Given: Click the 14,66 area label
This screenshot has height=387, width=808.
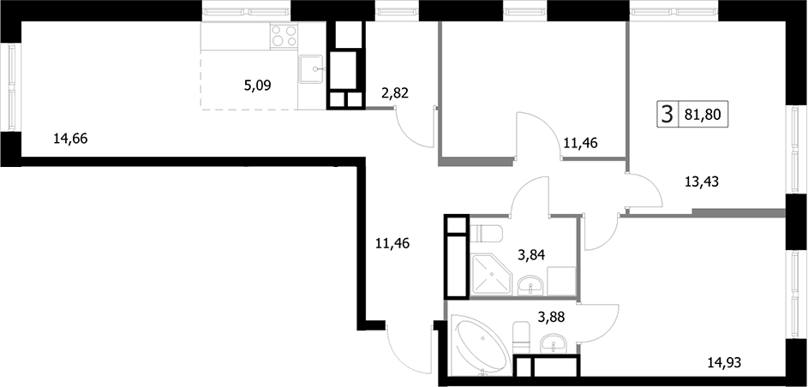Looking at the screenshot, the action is coord(70,139).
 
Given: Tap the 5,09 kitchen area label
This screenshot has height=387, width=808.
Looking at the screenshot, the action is coord(258,85).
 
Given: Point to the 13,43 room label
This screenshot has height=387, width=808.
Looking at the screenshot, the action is coord(702,182).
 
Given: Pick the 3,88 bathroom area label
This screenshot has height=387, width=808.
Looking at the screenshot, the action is coord(552,318).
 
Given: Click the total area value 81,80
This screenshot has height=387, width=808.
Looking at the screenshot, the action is coord(702,114).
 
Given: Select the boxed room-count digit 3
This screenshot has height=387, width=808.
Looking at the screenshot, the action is coord(667,114).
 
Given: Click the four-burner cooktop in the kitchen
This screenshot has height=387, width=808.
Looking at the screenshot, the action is coord(284,36).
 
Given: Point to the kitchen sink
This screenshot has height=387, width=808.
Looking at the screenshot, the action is coord(311,69).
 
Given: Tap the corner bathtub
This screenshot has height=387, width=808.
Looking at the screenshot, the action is coord(479,343).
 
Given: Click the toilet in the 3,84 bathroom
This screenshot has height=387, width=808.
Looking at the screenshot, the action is coord(486,234).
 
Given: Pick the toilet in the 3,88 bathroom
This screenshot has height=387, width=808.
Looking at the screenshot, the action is coord(522,336).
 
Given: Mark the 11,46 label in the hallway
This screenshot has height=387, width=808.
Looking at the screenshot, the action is coord(393,242).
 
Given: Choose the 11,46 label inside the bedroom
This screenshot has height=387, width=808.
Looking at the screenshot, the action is coord(580,143).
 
